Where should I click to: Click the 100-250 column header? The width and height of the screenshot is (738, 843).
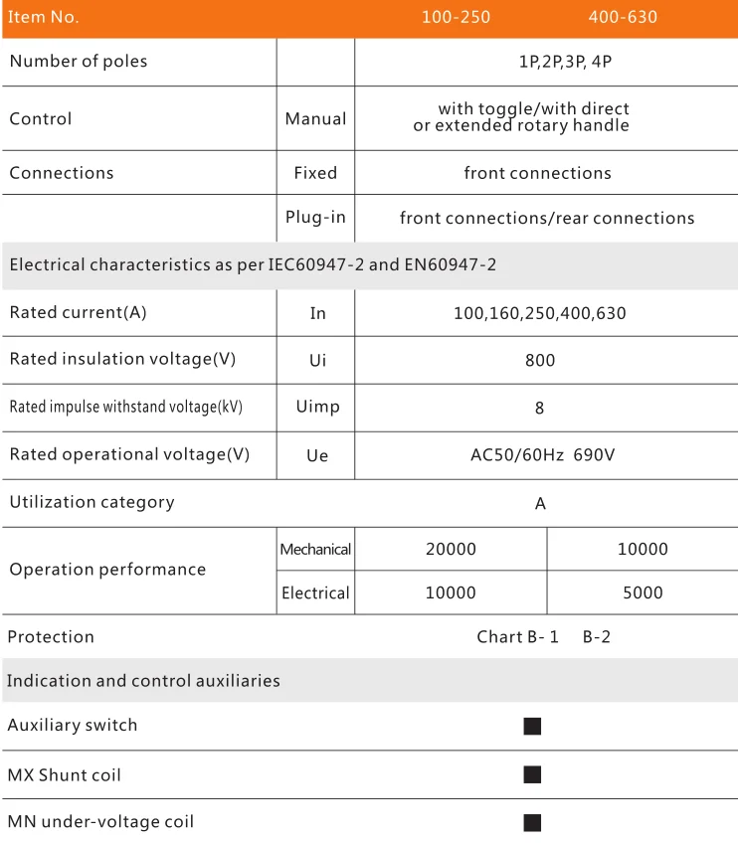(x=456, y=17)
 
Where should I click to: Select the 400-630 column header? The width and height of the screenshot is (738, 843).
(x=623, y=17)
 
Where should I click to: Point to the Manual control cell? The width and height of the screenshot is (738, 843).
(x=315, y=118)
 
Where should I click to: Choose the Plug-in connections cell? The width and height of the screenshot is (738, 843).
(x=315, y=218)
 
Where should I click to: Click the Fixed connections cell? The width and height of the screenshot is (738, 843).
(x=315, y=173)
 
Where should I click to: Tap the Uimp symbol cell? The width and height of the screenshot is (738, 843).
(x=317, y=408)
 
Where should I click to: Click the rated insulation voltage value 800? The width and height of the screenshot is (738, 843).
(x=540, y=360)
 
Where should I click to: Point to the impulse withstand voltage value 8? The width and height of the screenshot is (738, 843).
(x=539, y=408)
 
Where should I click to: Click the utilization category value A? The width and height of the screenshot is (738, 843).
(x=540, y=503)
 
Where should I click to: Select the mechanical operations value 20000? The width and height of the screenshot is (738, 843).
(x=451, y=549)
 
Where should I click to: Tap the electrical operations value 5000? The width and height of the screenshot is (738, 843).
(x=643, y=592)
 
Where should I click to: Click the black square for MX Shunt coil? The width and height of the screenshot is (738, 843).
(x=532, y=774)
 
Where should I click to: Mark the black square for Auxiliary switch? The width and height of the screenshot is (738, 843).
(x=532, y=727)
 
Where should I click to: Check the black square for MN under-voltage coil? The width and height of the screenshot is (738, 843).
(x=532, y=822)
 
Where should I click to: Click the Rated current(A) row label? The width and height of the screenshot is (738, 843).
(x=78, y=312)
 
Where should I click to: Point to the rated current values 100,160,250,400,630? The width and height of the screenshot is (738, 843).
(x=540, y=313)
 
